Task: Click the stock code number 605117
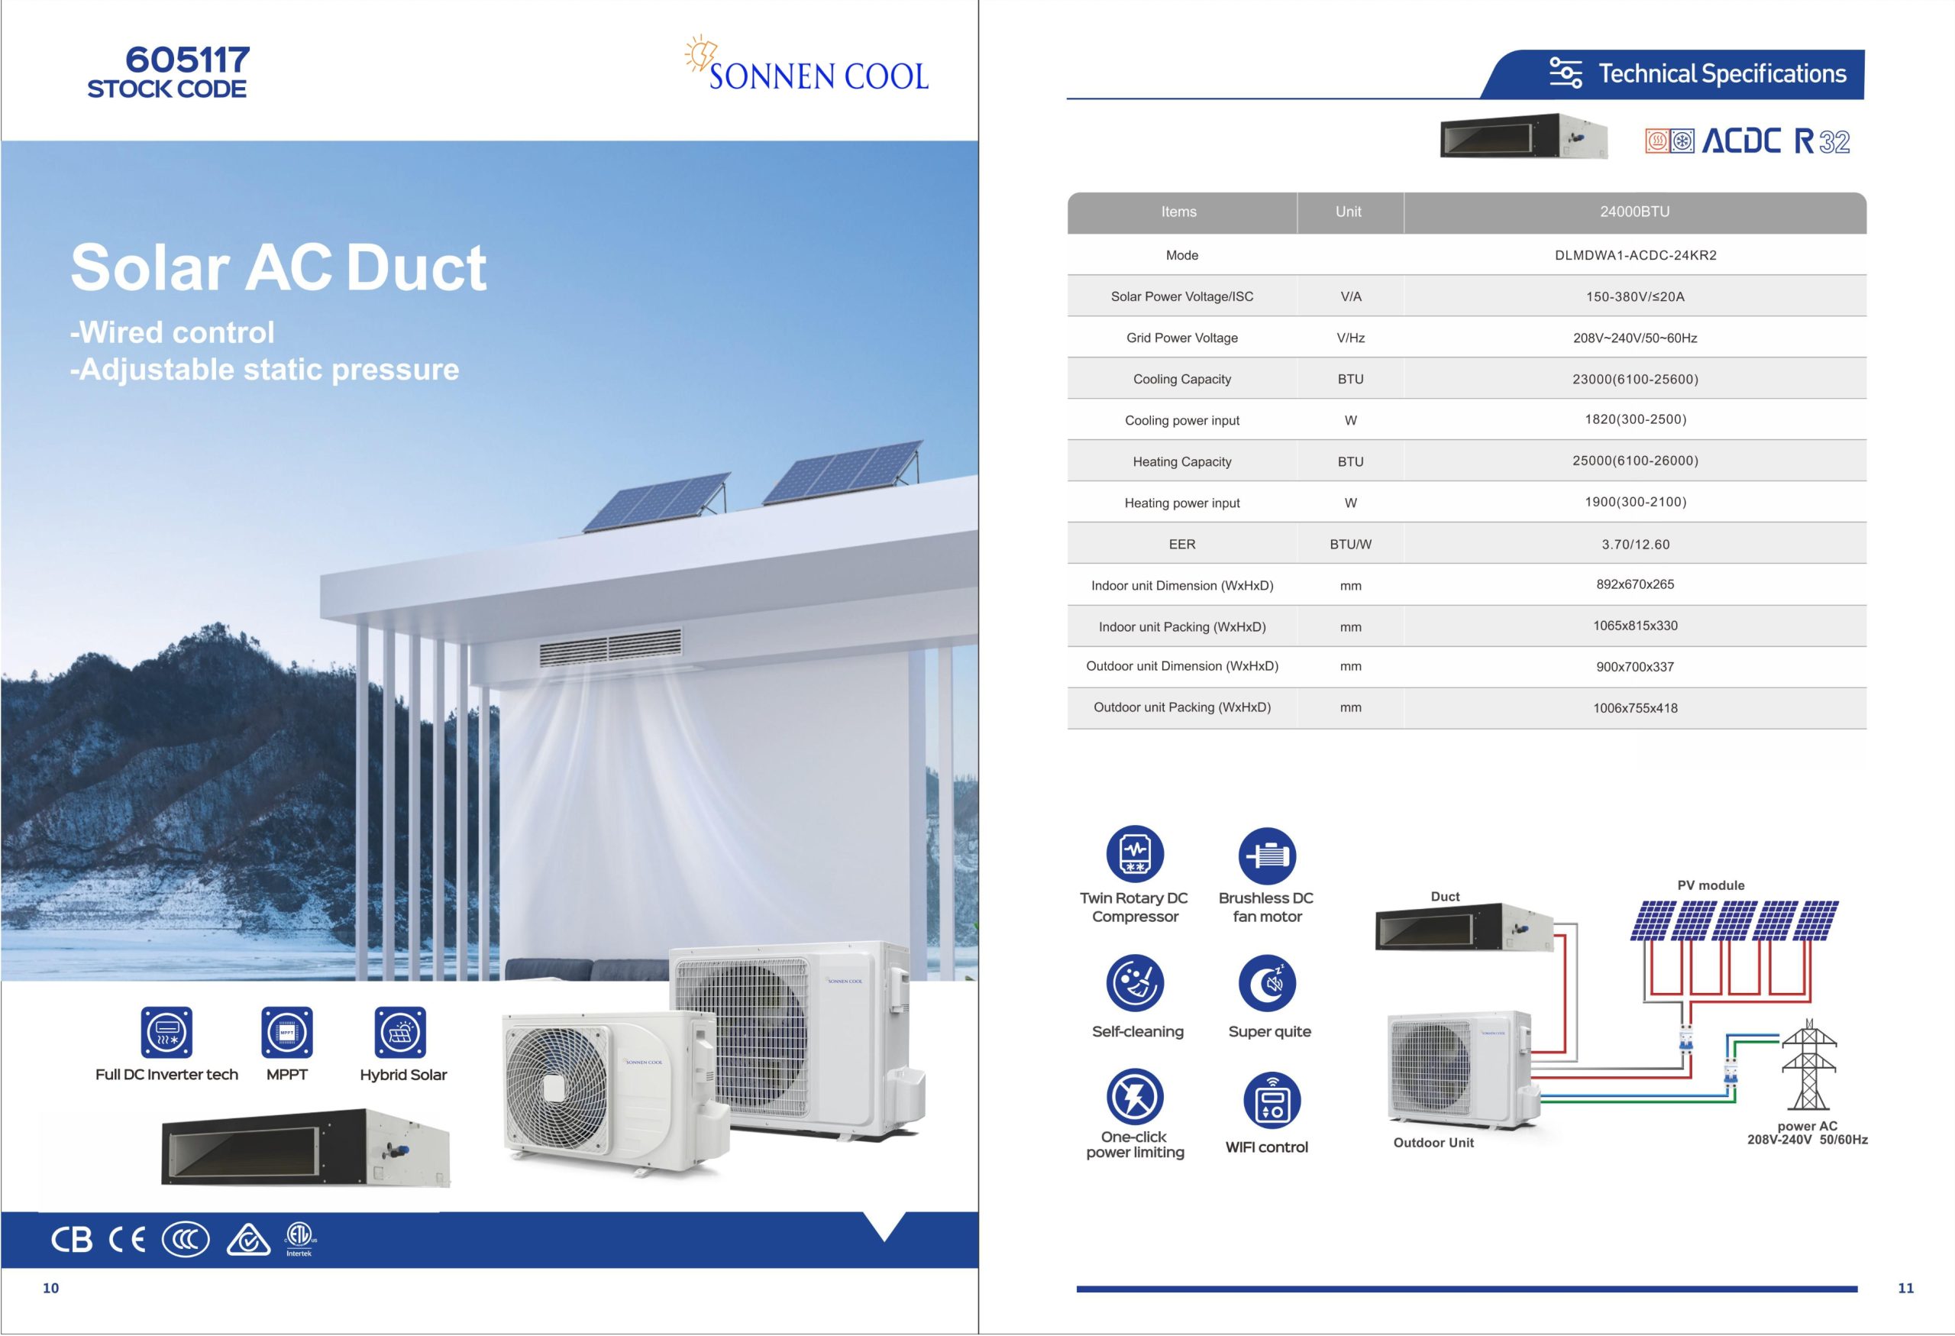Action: [188, 60]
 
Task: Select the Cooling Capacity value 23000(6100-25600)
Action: [1634, 380]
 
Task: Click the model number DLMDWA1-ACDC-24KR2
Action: [1634, 256]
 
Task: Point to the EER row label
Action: [1181, 545]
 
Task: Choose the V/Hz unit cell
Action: [1350, 338]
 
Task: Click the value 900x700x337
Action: [1634, 667]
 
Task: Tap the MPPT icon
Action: [287, 1032]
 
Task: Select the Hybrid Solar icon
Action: [400, 1032]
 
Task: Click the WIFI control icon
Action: [1271, 1101]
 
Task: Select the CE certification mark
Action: [127, 1239]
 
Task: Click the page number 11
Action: [1905, 1288]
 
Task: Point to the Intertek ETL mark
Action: [299, 1237]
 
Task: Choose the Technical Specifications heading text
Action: [1722, 74]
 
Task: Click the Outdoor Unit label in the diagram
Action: [1433, 1143]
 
